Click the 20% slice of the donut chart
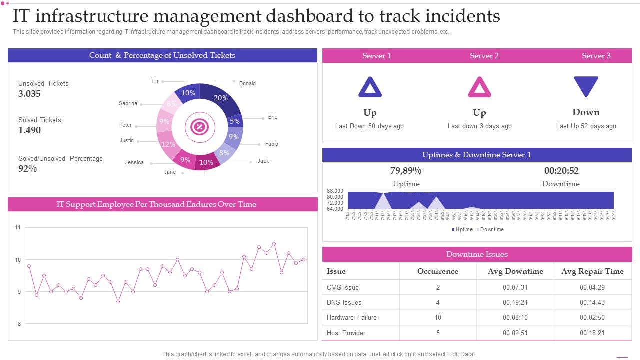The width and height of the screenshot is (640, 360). pos(220,98)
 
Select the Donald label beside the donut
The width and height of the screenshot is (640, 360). pos(247,83)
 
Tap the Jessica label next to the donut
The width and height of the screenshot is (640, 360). pos(134,162)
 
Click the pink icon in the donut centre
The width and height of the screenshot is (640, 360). pos(199,127)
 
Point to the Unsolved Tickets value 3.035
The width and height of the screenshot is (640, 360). pos(30,94)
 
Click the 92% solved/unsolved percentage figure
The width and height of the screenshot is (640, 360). pos(28,169)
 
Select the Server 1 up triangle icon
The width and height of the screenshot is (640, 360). pos(370,87)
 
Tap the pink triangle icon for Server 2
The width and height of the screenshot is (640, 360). pos(479,87)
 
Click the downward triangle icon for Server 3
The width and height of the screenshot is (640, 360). pos(586,86)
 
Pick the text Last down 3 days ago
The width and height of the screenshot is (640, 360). pos(479,126)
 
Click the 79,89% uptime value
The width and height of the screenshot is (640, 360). pos(406,171)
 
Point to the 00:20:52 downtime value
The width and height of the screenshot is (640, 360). pos(561,171)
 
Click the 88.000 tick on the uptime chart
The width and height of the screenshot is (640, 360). pos(335,191)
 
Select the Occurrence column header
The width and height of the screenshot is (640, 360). pos(437,271)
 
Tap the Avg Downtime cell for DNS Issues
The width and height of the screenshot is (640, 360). pos(515,302)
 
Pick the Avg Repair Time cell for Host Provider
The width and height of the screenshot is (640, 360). pos(592,333)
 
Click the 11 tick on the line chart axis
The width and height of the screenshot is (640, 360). pos(18,228)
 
